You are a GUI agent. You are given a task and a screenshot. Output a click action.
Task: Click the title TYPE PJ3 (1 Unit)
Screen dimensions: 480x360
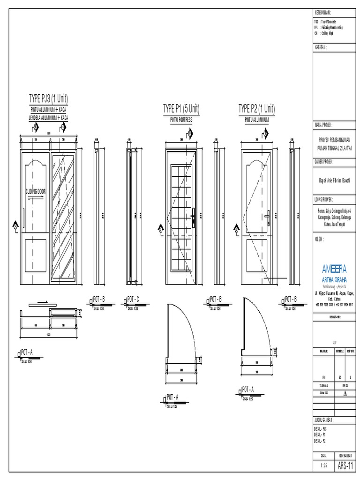(x=49, y=99)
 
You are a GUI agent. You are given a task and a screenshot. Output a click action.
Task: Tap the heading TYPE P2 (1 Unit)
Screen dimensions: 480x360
(x=256, y=109)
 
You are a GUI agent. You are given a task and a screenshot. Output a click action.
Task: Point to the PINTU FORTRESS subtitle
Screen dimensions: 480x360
(x=181, y=120)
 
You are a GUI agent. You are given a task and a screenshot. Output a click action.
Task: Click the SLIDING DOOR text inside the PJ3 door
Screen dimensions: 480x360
(x=37, y=192)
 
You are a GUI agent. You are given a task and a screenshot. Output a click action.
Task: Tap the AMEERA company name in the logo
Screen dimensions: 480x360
(x=334, y=269)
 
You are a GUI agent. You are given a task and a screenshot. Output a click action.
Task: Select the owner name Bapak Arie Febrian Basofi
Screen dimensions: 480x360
(x=334, y=178)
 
